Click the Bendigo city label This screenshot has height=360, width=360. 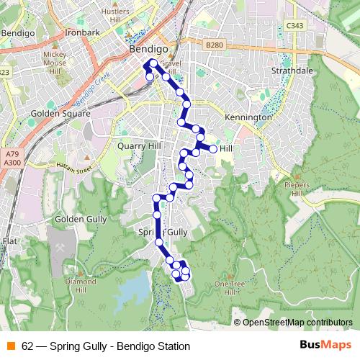pos(148,50)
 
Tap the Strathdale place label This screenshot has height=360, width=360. pos(294,72)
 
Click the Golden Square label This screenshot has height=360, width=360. pos(61,113)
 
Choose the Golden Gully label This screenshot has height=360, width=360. pos(80,218)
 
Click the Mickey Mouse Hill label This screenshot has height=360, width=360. pos(55,63)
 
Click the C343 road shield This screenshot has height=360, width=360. pos(294,26)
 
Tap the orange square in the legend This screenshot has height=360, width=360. pos(11,346)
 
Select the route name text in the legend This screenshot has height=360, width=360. pos(106,346)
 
